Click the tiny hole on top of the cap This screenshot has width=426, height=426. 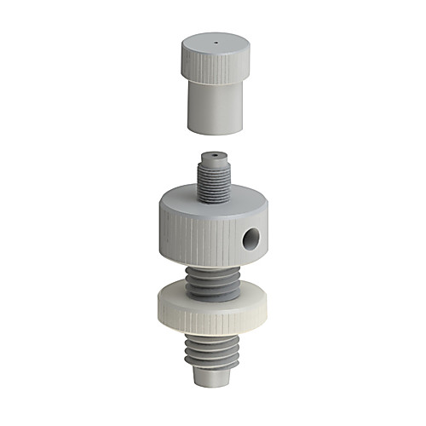(x=216, y=41)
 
